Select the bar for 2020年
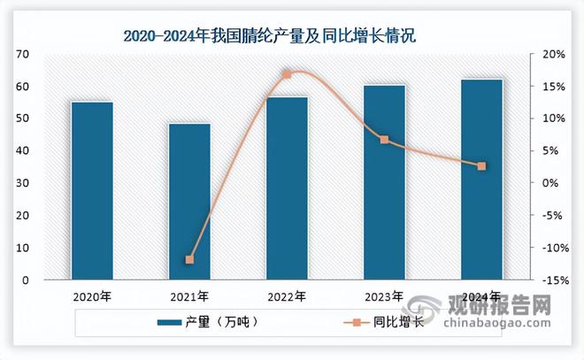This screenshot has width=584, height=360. pyautogui.click(x=92, y=190)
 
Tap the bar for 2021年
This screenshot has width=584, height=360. pyautogui.click(x=189, y=201)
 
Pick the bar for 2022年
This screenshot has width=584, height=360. pyautogui.click(x=287, y=188)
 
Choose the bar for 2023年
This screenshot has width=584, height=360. pyautogui.click(x=384, y=182)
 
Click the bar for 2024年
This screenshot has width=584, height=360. pyautogui.click(x=481, y=180)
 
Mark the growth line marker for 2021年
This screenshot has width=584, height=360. pyautogui.click(x=189, y=260)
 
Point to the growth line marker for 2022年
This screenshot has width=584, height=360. pyautogui.click(x=287, y=74)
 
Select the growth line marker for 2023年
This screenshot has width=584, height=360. pyautogui.click(x=384, y=140)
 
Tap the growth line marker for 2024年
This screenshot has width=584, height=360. pyautogui.click(x=481, y=166)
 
